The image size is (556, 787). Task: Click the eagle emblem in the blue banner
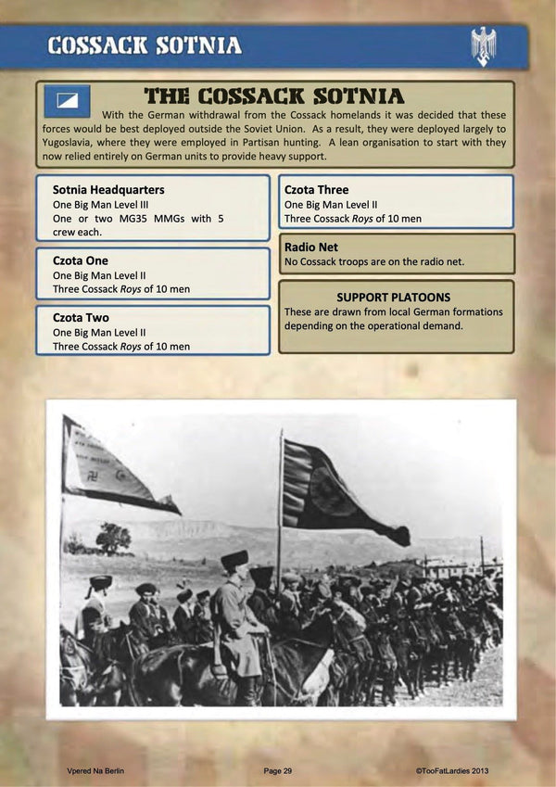483,45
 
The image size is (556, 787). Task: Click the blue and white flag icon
67,101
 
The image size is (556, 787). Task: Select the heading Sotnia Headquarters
108,189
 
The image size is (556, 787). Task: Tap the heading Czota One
81,260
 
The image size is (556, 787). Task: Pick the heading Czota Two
81,317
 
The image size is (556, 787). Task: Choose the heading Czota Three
317,189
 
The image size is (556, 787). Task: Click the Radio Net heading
311,247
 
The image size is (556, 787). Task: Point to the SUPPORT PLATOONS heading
394,297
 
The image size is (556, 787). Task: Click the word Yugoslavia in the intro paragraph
73,142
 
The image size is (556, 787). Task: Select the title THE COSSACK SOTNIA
274,96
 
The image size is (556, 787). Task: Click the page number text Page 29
277,770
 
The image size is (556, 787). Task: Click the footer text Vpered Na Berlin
95,770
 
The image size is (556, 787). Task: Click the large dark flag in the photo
338,491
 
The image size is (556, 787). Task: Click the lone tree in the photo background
113,537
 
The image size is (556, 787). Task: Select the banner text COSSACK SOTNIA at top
145,45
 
